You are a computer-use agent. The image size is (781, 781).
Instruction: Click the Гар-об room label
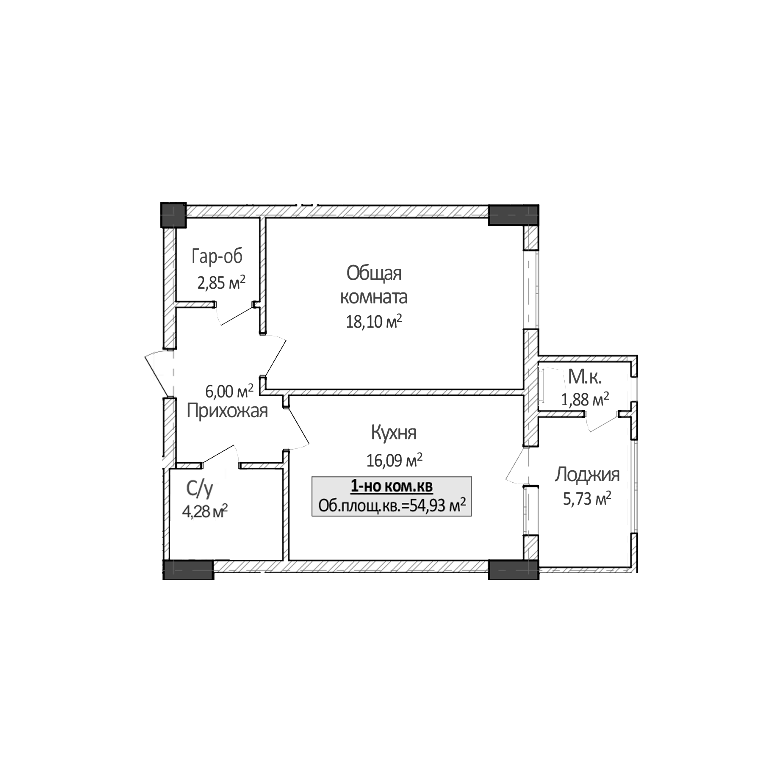217,256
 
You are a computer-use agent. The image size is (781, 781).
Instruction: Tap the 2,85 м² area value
221,282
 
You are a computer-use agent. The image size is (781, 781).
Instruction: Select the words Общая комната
374,285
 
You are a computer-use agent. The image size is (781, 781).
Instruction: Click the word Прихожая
227,411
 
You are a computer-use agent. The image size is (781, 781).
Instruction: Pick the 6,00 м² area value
229,391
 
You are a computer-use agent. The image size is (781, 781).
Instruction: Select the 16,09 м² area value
395,460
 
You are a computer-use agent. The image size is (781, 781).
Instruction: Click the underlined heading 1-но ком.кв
391,487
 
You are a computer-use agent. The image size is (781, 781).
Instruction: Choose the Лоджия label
587,475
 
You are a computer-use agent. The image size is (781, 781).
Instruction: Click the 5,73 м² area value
587,499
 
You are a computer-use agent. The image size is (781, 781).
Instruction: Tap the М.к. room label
584,377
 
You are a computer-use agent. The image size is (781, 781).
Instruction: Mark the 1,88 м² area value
585,400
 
